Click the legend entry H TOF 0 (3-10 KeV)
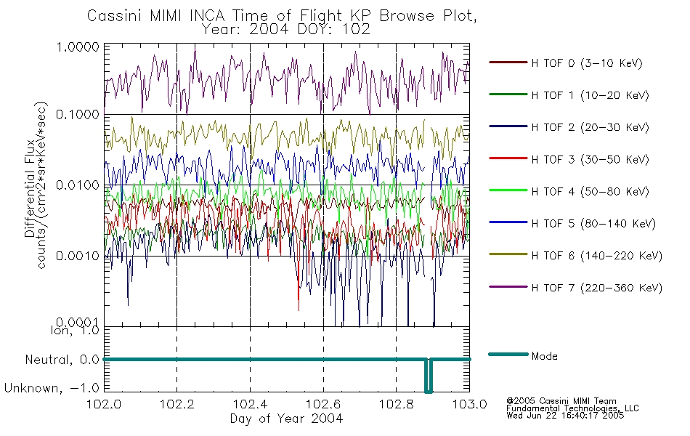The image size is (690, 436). (566, 63)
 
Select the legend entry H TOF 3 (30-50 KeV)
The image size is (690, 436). (569, 159)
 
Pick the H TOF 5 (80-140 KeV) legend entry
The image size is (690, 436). (572, 223)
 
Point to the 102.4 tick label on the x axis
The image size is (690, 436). (251, 404)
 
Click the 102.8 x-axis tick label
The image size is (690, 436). (397, 404)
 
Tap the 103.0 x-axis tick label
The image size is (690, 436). (469, 404)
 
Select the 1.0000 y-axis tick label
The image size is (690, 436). (78, 47)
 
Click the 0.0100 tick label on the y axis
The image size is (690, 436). (78, 185)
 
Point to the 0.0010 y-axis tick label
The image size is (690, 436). (78, 256)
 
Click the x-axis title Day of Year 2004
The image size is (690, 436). (286, 419)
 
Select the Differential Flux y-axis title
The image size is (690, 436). (30, 188)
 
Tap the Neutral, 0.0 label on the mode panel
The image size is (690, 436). (62, 360)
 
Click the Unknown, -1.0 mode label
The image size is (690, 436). (52, 389)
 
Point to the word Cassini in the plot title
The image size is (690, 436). (114, 16)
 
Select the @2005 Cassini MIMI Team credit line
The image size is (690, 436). (561, 401)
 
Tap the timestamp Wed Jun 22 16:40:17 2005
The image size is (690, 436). (565, 416)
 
